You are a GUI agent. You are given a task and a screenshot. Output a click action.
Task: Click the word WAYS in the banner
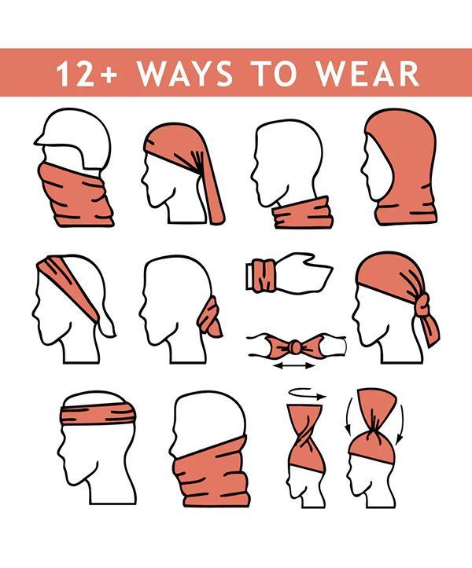pyautogui.click(x=185, y=74)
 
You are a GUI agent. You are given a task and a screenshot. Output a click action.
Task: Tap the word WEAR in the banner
pyautogui.click(x=367, y=74)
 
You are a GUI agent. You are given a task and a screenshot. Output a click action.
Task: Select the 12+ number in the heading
pyautogui.click(x=87, y=74)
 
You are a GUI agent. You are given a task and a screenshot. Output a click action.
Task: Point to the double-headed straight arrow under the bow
pyautogui.click(x=294, y=366)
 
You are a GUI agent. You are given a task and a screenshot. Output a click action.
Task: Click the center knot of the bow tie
pyautogui.click(x=295, y=347)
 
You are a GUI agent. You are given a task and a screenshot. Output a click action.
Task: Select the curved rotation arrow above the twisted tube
pyautogui.click(x=307, y=394)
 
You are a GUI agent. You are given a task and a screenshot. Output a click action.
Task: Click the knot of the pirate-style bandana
pyautogui.click(x=422, y=304)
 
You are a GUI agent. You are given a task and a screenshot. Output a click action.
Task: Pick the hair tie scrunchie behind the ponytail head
pyautogui.click(x=211, y=317)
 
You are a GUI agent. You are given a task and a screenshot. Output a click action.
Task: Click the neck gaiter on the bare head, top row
pyautogui.click(x=304, y=214)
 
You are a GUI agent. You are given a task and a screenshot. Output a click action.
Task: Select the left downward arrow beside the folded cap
pyautogui.click(x=348, y=416)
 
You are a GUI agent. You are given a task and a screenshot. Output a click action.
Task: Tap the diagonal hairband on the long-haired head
pyautogui.click(x=69, y=286)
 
